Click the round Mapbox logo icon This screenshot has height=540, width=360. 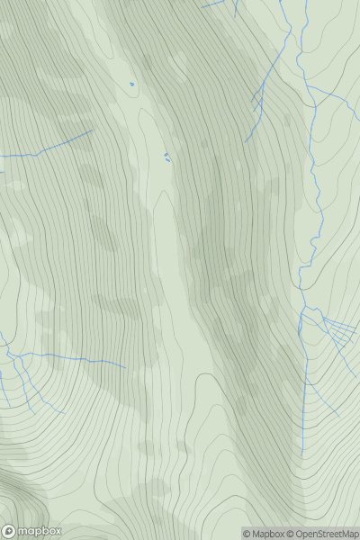tap(8, 531)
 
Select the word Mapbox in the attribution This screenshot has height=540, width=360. tap(267, 534)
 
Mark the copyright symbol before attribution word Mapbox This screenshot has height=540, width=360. tap(247, 534)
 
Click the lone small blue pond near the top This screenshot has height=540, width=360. tap(131, 85)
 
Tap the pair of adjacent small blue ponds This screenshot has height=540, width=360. tap(166, 157)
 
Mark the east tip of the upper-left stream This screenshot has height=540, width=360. tap(93, 130)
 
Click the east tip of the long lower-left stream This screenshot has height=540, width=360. tap(125, 367)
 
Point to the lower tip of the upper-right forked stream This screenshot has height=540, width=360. tap(246, 139)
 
